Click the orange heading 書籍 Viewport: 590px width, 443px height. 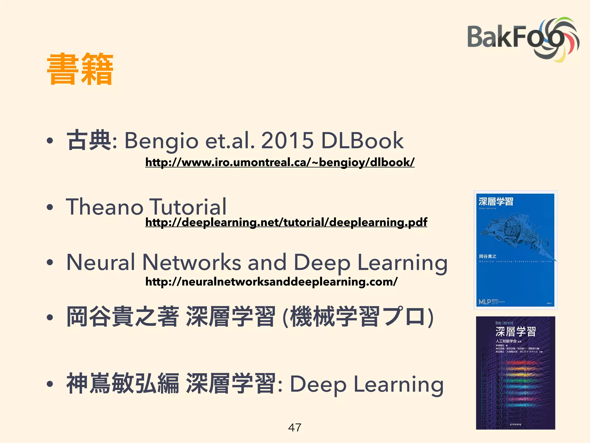click(80, 70)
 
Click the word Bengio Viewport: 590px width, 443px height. click(161, 141)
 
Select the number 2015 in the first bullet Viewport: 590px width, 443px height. click(287, 140)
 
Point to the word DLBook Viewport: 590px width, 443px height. click(362, 140)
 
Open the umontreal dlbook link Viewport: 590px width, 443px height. click(280, 162)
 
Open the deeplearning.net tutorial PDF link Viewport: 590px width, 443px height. click(286, 222)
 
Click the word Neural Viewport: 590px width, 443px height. click(101, 262)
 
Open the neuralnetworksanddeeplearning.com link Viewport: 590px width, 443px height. click(271, 282)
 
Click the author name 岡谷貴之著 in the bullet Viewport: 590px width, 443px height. click(122, 317)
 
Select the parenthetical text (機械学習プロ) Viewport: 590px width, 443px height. click(358, 317)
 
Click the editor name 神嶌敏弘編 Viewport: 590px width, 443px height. click(122, 384)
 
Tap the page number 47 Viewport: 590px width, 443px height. click(295, 427)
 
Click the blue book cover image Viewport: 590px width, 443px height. click(515, 250)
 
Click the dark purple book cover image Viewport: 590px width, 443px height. click(515, 373)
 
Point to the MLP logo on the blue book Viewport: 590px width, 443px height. click(485, 302)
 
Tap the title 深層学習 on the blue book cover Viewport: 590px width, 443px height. click(496, 201)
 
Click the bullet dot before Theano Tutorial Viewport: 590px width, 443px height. click(50, 207)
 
